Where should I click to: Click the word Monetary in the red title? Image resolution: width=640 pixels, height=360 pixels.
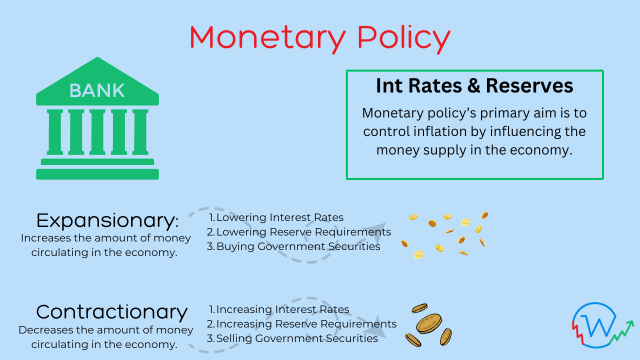[x=267, y=38]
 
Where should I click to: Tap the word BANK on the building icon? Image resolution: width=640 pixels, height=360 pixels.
[x=97, y=90]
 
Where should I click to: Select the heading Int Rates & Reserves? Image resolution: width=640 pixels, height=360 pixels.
[x=474, y=86]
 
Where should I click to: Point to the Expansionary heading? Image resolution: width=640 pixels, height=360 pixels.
[x=107, y=220]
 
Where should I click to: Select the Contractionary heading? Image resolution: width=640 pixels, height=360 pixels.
[x=112, y=312]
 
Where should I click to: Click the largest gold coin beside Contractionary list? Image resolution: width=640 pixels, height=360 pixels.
[x=429, y=324]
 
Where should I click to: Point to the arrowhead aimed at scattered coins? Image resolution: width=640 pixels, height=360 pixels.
[x=377, y=230]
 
